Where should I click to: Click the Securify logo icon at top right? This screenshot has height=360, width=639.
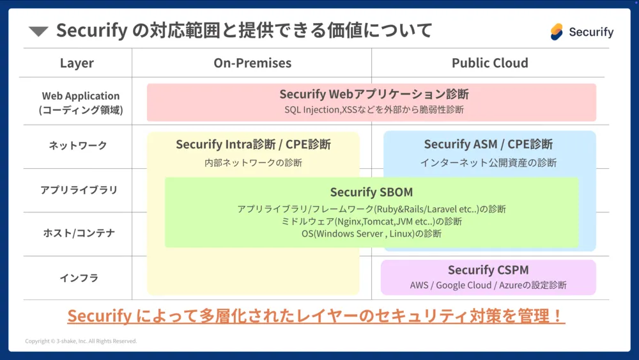(x=557, y=31)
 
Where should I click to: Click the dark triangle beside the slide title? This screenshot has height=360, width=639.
(x=39, y=31)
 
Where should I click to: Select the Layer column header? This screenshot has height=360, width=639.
(x=77, y=63)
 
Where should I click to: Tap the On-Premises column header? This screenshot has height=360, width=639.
(x=252, y=63)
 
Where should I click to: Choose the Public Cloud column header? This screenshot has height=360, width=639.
(x=489, y=63)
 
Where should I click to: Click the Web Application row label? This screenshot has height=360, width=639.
(x=81, y=102)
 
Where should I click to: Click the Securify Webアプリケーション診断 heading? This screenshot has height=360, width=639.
(x=374, y=94)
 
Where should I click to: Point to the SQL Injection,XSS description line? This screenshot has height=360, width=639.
(x=374, y=110)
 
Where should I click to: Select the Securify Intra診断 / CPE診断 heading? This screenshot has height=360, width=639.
(x=253, y=144)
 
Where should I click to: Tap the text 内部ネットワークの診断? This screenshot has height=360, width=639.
(x=253, y=162)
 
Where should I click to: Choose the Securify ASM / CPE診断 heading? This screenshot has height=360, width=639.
(x=488, y=144)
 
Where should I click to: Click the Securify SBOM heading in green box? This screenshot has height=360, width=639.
(x=371, y=192)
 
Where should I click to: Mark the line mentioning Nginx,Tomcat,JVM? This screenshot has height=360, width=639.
(x=371, y=221)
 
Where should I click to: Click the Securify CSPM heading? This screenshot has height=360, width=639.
(x=488, y=270)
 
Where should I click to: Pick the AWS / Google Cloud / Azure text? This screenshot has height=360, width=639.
(x=488, y=285)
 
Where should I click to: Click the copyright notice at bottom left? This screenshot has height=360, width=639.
(x=81, y=341)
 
